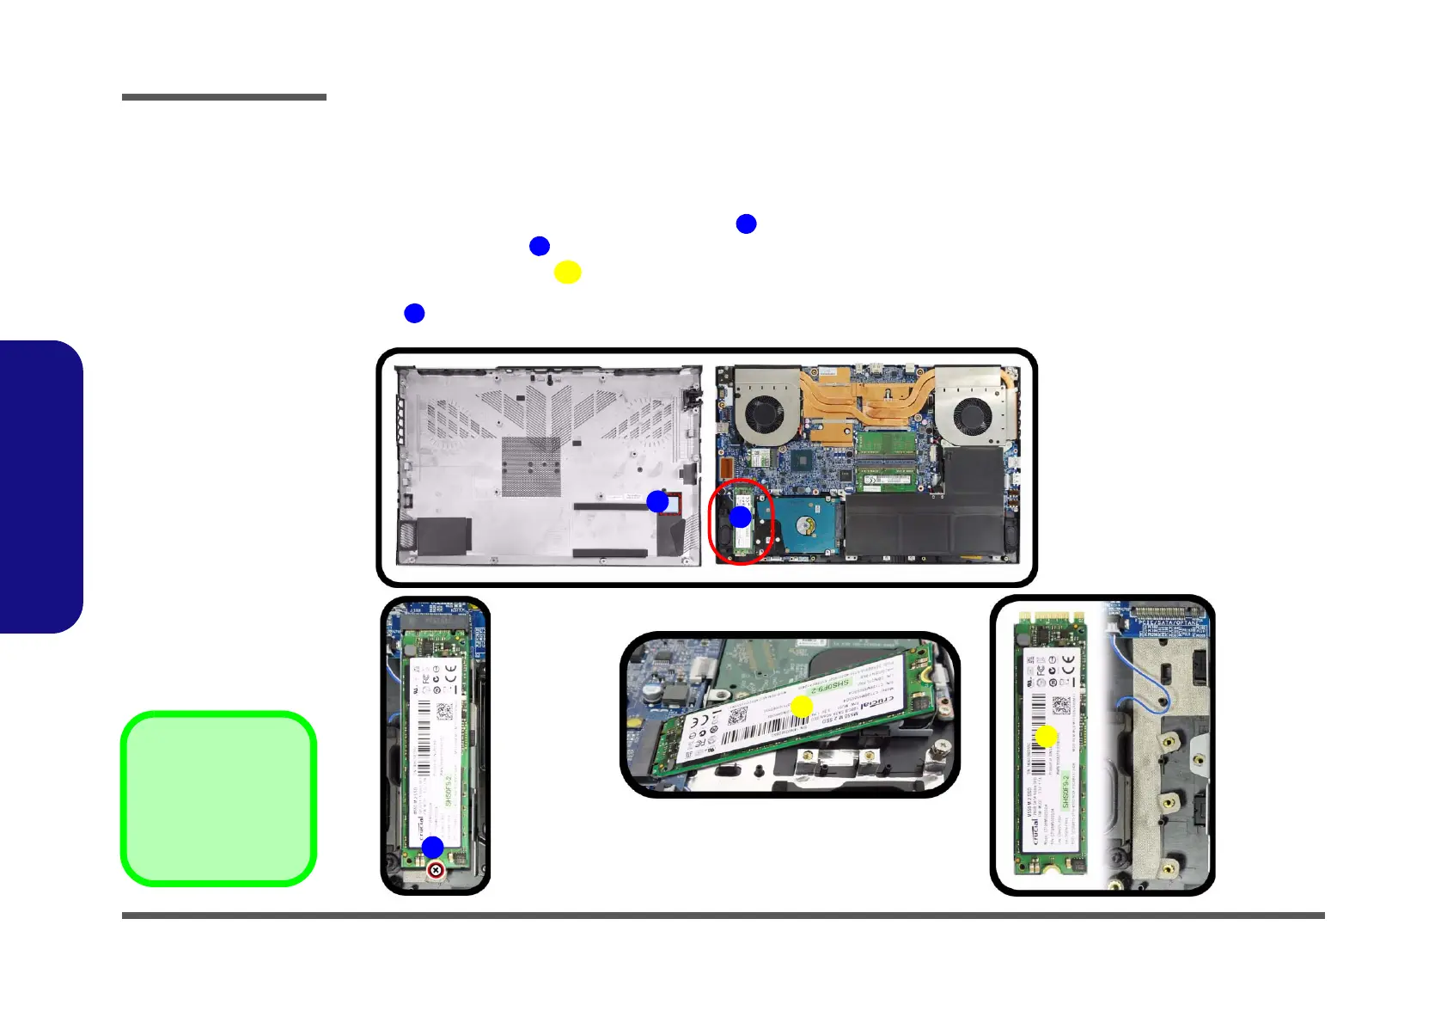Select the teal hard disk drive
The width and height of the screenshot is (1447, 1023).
coord(802,526)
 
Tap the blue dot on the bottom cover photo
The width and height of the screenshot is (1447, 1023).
coord(657,501)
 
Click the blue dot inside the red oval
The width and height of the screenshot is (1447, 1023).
coord(740,518)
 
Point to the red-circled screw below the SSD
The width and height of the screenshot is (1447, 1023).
coord(437,871)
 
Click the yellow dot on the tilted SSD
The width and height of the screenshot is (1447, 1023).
coord(802,707)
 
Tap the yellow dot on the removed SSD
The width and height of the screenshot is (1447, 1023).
coord(1046,737)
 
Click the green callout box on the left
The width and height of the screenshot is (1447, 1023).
coord(219,799)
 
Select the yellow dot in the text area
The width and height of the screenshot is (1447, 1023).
coord(567,273)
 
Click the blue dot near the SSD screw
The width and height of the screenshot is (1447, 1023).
coord(432,847)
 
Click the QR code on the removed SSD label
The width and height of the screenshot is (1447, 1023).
coord(1061,705)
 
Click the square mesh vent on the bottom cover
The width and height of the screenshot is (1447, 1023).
coord(530,466)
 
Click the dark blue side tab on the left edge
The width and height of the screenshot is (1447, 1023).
coord(41,487)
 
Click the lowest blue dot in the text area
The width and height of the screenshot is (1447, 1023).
coord(414,313)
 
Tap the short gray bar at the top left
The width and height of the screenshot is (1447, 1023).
coord(223,97)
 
